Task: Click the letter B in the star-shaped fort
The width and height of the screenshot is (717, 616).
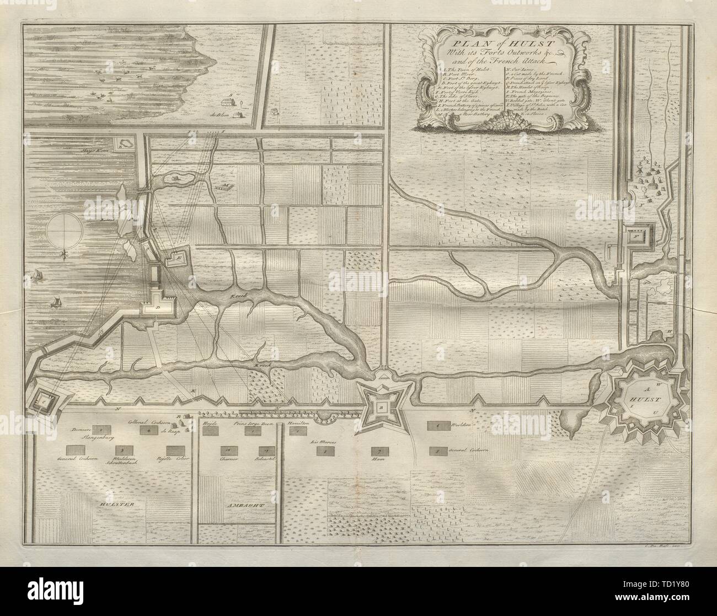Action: (x=380, y=407)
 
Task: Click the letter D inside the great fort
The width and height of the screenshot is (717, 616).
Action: (x=157, y=307)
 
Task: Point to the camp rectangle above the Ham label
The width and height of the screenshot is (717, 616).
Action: (x=378, y=451)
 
